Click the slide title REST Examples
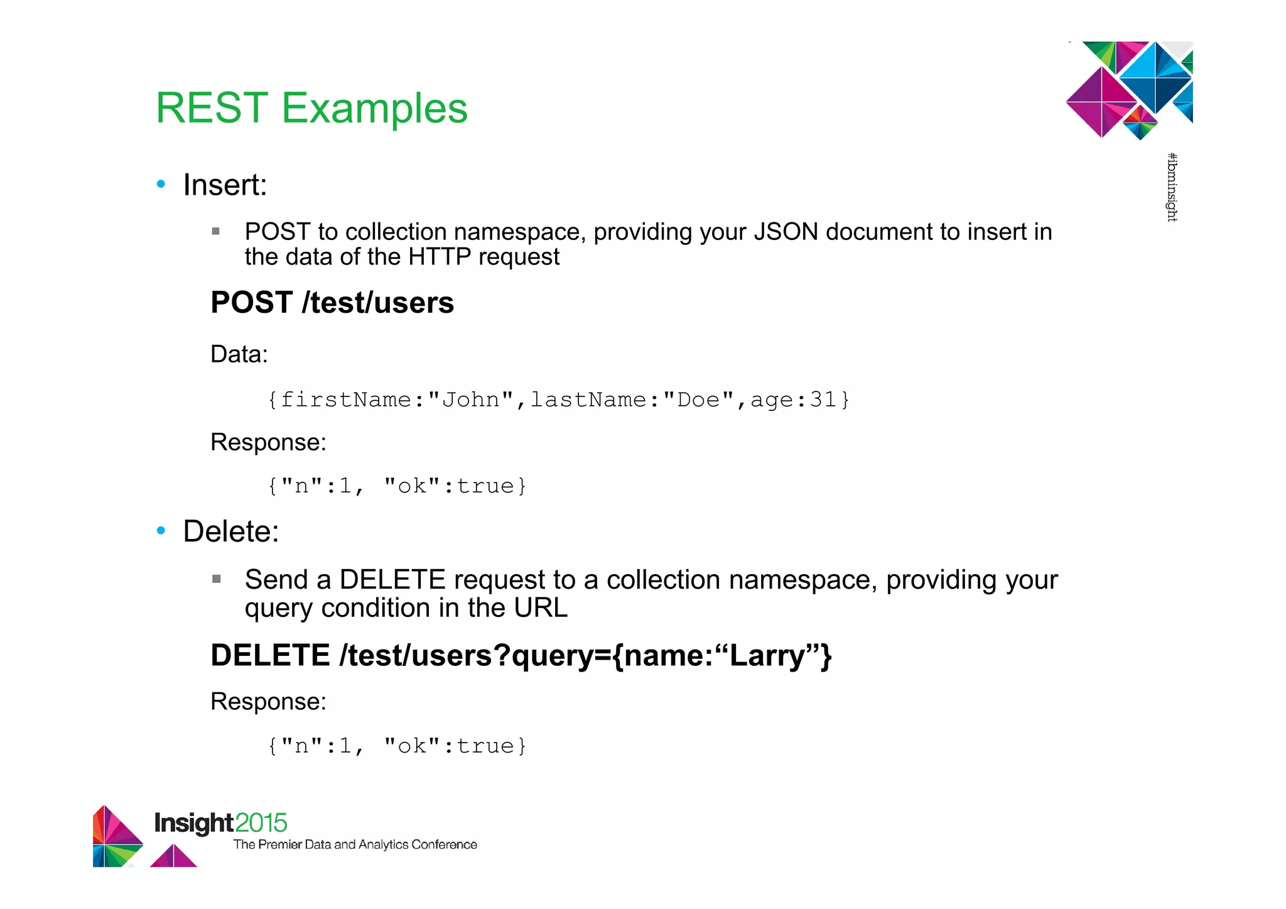click(311, 108)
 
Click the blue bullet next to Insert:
click(161, 184)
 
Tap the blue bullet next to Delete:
click(161, 531)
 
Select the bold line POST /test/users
click(332, 303)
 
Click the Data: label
click(239, 354)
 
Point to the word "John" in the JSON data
click(471, 400)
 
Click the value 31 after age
click(823, 400)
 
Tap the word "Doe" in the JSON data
click(698, 400)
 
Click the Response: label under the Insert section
click(268, 442)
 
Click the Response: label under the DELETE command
click(268, 702)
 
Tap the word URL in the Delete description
click(541, 608)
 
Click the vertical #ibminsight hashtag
click(1172, 187)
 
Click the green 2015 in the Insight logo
click(261, 823)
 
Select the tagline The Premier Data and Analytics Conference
click(355, 845)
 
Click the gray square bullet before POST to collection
click(216, 231)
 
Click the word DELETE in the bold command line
click(270, 656)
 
